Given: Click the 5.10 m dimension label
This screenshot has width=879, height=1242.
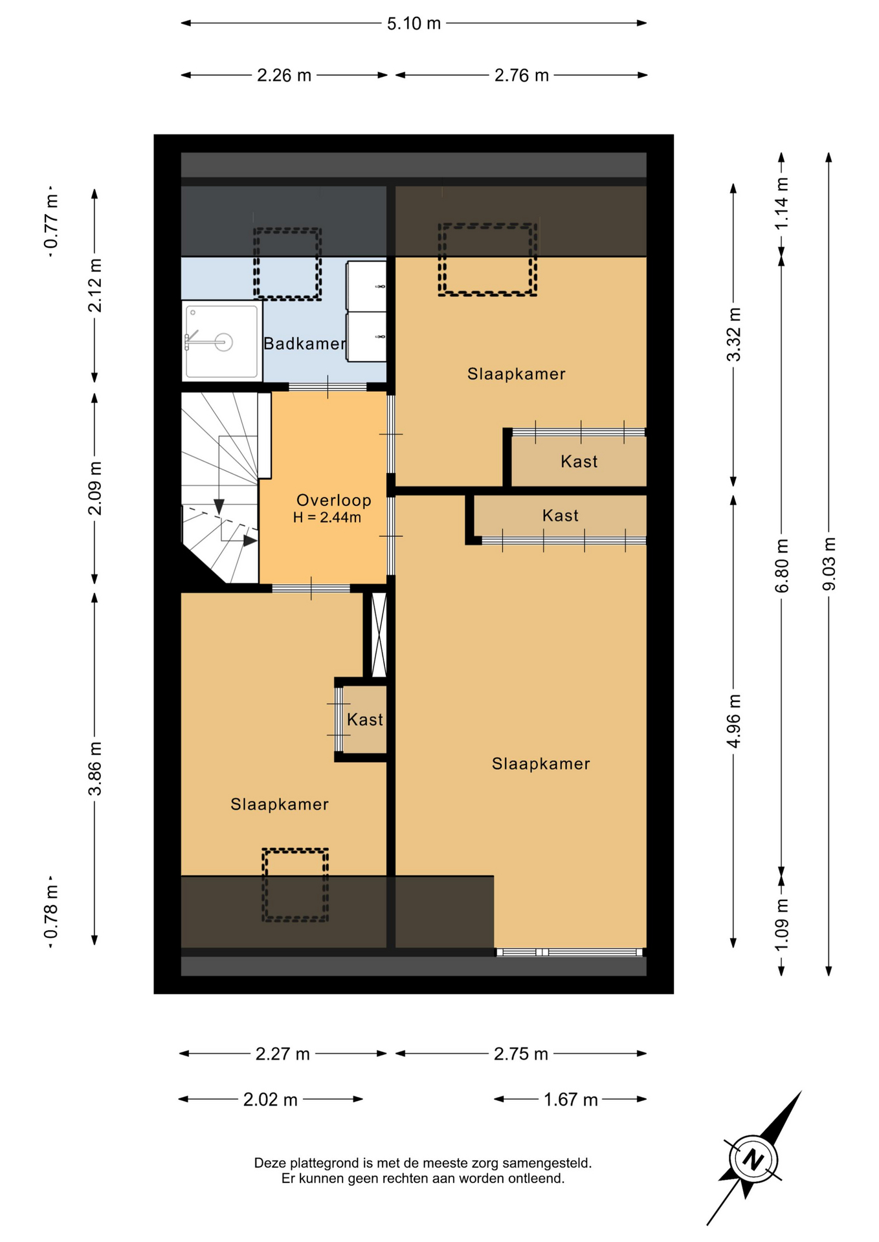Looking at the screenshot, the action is click(x=414, y=24).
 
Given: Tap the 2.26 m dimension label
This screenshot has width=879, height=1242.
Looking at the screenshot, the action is click(x=284, y=76).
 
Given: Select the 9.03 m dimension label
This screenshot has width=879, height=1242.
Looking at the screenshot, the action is click(x=829, y=564).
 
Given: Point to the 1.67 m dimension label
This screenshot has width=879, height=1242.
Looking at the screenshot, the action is click(x=570, y=1100).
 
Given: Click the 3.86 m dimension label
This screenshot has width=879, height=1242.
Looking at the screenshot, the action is click(x=95, y=769).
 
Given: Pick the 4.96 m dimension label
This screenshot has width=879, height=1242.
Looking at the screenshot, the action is click(x=733, y=721).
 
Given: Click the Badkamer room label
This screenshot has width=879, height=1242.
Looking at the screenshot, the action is click(x=304, y=343).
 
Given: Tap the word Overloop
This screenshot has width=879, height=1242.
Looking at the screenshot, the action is click(x=333, y=500).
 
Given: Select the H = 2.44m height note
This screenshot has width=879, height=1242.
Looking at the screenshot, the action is click(x=327, y=517).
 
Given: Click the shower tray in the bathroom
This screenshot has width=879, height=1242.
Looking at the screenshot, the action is click(x=221, y=340).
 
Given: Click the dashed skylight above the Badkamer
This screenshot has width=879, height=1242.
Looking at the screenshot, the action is click(x=287, y=264).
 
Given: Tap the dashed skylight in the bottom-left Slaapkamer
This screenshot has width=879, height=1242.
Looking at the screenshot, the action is click(x=295, y=885).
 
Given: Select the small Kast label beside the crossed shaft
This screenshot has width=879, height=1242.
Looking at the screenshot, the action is click(x=364, y=719).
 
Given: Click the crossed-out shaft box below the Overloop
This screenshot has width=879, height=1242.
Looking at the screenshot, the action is click(x=379, y=635).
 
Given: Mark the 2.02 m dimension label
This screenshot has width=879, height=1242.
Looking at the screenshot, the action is click(x=270, y=1100).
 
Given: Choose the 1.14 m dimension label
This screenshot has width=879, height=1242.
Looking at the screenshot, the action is click(x=781, y=203).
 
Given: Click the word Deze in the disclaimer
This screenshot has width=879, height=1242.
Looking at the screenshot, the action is click(x=270, y=1163).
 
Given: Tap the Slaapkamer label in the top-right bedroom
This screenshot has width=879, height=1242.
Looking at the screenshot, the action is click(x=517, y=374).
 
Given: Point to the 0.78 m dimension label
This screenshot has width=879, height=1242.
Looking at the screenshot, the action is click(x=50, y=912).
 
